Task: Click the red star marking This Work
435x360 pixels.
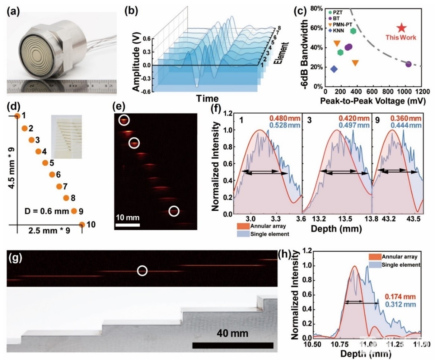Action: coord(401,28)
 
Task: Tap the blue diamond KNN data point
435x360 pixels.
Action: coord(334,69)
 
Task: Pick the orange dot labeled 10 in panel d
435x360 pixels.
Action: coord(82,224)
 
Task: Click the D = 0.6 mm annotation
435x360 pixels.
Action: coord(50,211)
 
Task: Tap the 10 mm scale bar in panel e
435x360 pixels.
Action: coord(127,225)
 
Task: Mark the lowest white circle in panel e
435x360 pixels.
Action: coord(174,211)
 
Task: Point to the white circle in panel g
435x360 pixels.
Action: coord(142,271)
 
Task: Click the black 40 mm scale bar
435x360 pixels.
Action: coord(233,345)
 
